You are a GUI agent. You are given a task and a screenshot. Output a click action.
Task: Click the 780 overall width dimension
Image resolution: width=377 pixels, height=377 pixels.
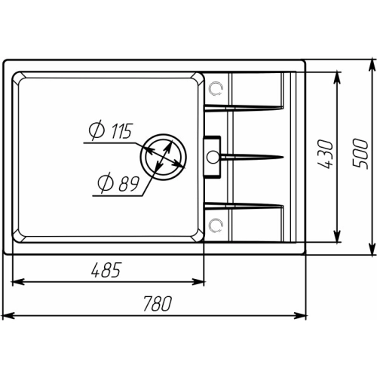(158, 304)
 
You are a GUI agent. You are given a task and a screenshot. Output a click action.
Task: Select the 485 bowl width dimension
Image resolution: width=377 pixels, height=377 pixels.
(106, 270)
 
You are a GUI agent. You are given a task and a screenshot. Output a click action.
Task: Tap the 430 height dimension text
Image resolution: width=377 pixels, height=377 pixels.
(325, 154)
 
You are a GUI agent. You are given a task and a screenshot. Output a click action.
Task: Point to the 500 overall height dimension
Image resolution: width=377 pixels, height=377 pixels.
(360, 153)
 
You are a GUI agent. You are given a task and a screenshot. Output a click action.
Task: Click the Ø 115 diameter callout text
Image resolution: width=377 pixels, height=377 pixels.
(111, 130)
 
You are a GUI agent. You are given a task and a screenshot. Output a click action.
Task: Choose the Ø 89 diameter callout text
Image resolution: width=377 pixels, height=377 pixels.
(118, 183)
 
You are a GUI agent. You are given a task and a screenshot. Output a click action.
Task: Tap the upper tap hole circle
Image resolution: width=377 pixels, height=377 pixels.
(216, 88)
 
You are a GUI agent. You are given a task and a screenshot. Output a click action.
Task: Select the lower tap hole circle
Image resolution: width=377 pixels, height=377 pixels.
(216, 225)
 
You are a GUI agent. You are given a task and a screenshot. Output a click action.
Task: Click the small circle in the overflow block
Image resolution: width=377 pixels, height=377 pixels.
(213, 157)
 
